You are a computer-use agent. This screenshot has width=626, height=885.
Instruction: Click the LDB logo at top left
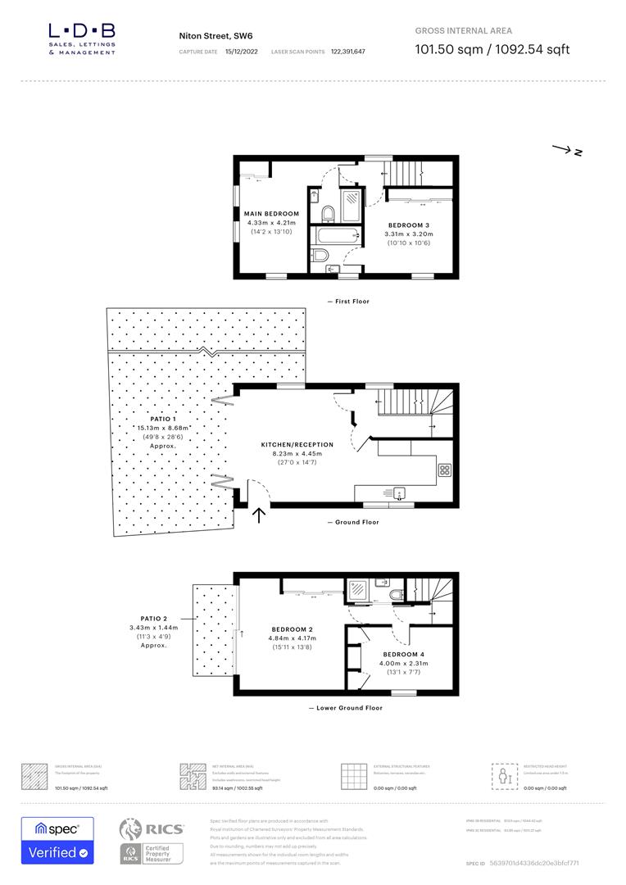82,39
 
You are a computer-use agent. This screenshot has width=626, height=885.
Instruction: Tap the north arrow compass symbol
567,150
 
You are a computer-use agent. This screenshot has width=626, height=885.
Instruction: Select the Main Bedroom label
271,213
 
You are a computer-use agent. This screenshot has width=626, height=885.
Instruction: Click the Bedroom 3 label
406,225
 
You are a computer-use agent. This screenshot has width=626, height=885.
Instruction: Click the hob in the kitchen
445,470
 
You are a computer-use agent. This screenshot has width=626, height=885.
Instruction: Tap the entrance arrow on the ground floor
260,515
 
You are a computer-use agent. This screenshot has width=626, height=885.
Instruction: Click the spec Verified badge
57,840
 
